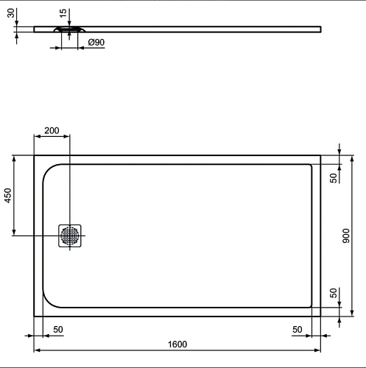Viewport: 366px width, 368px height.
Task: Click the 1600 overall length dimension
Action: tap(177, 344)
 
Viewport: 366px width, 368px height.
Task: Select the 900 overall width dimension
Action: tap(346, 236)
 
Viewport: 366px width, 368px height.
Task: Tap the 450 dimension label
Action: tap(8, 196)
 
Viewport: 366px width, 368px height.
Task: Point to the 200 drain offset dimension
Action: tap(52, 130)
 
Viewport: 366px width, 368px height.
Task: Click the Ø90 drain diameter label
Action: tap(96, 43)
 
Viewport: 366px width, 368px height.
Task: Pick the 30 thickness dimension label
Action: tap(11, 13)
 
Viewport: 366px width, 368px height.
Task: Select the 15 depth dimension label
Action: tap(63, 13)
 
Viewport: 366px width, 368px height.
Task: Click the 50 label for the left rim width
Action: tap(58, 330)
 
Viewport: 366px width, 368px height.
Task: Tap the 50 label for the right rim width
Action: tap(298, 330)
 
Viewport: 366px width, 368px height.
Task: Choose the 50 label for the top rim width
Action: tap(334, 178)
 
